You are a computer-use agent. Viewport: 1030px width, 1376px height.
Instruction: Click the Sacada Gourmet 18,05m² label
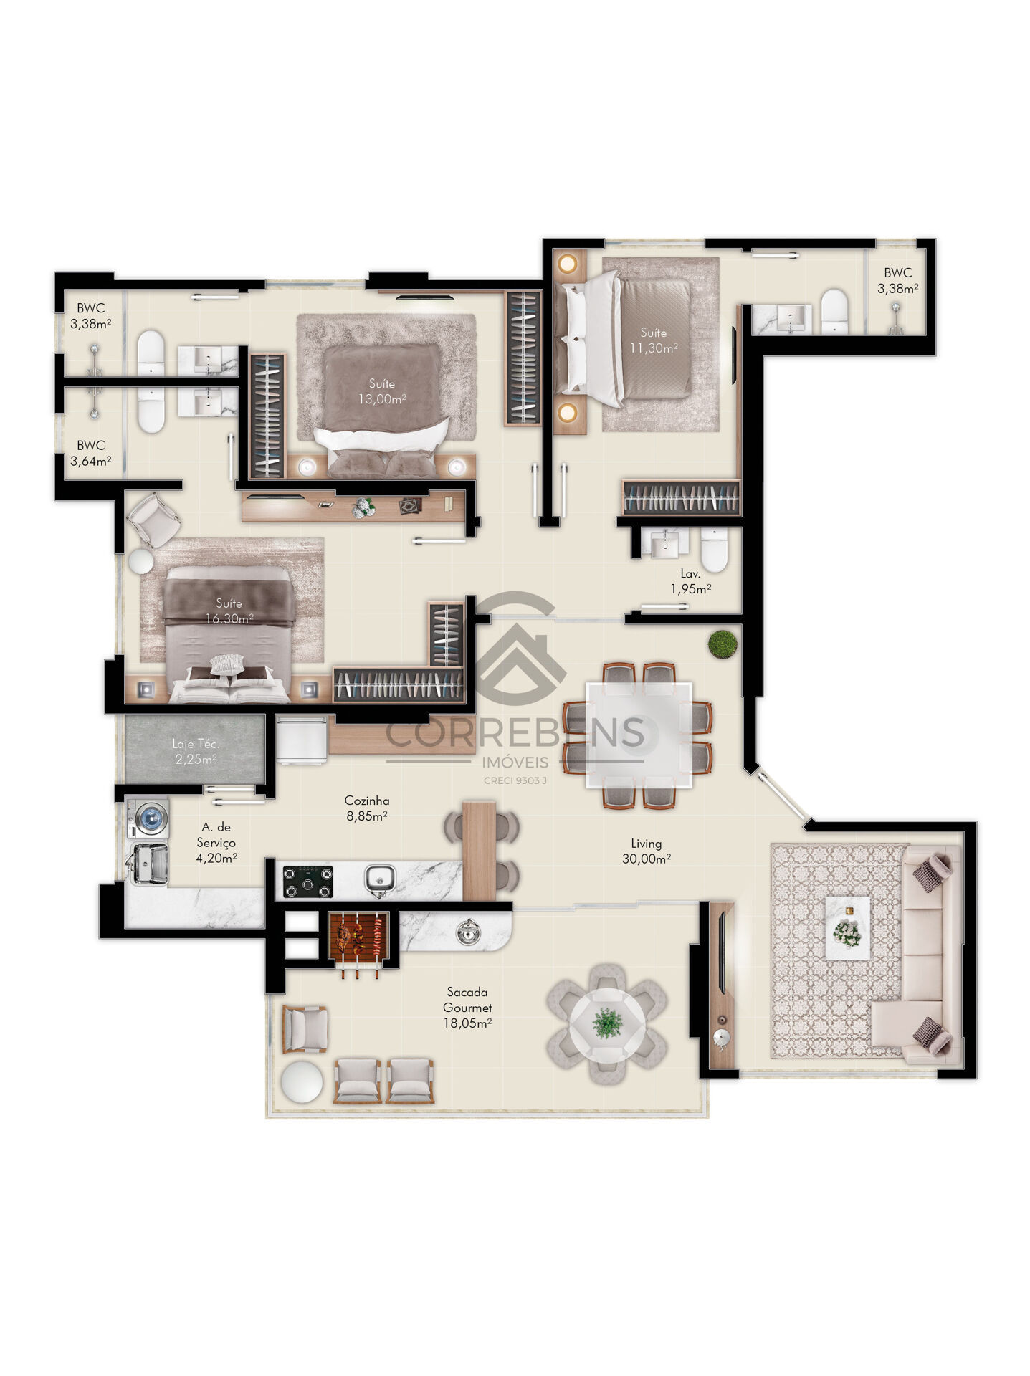coord(467,1007)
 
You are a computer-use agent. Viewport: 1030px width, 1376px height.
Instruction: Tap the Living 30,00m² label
coord(646,851)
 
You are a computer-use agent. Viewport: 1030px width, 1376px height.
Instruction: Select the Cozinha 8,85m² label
coord(366,808)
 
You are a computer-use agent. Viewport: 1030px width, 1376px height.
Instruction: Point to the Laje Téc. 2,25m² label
coord(195,751)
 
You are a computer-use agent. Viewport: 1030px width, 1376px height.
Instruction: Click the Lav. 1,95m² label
coord(690,581)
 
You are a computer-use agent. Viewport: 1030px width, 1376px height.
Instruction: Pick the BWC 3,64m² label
coord(90,453)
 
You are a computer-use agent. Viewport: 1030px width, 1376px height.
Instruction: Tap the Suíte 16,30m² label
coord(229,611)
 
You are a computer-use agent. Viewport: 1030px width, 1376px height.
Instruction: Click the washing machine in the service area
coord(149,817)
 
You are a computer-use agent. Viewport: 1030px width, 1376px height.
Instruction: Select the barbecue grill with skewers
coord(358,935)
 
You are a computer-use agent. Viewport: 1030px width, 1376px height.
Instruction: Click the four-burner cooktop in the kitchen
coord(308,881)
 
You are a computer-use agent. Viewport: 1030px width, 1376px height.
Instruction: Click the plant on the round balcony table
coord(607,1023)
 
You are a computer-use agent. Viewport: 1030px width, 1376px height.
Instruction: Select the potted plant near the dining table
coord(722,644)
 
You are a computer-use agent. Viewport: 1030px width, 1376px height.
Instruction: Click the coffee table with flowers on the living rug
coord(847,927)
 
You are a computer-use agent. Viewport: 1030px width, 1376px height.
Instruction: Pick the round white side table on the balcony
coord(302,1081)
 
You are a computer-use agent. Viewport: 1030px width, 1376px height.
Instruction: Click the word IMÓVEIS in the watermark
coord(515,763)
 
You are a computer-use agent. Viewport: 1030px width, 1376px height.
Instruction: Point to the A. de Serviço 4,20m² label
coord(216,842)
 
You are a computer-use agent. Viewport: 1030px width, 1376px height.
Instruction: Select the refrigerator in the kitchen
coord(302,739)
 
